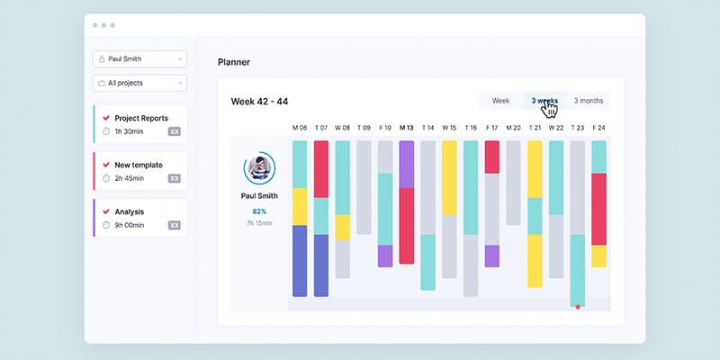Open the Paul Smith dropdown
click(140, 58)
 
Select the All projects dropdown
click(140, 83)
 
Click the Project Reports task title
click(141, 118)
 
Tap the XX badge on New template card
click(175, 178)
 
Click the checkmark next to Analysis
click(106, 211)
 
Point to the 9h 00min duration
click(130, 225)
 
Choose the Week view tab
click(501, 101)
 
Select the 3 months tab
click(589, 101)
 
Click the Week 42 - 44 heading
click(259, 102)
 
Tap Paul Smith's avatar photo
click(259, 167)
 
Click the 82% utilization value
click(259, 211)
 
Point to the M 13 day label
click(407, 128)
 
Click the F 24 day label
click(598, 128)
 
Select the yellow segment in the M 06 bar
click(300, 207)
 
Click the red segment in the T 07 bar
click(321, 169)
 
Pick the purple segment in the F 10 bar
click(385, 256)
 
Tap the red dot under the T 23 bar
click(578, 307)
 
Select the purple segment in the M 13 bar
click(407, 165)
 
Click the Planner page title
click(234, 62)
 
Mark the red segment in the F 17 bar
click(492, 157)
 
